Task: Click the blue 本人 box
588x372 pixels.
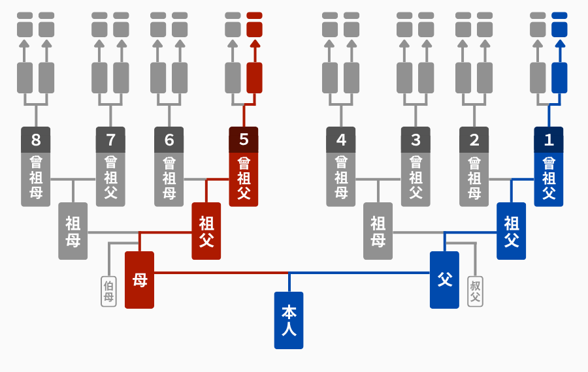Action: (289, 320)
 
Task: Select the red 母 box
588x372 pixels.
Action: (140, 280)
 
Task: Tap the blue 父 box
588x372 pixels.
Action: (444, 280)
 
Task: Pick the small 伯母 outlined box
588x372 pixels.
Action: (108, 292)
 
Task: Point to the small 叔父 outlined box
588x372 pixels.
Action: (475, 292)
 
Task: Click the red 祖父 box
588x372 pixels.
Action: (206, 231)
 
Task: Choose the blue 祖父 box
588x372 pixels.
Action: (511, 231)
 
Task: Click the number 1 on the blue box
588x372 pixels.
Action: (549, 140)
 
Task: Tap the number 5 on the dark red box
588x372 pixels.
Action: (244, 140)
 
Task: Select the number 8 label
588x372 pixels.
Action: (36, 140)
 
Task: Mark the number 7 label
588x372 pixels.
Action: (110, 140)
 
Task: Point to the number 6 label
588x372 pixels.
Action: (169, 140)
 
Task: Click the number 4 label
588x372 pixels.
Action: (341, 140)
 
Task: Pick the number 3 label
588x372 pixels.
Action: (416, 140)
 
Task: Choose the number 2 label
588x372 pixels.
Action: (474, 140)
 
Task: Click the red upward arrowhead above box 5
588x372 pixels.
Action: (255, 44)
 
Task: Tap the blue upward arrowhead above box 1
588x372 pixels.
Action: (560, 44)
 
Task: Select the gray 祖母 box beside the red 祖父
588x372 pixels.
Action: (73, 231)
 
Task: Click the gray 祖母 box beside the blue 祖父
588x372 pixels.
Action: (378, 231)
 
